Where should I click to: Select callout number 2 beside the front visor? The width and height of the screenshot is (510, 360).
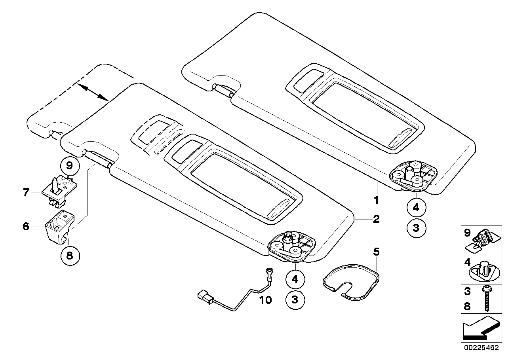coord(376,219)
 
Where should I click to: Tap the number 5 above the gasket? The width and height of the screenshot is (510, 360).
coord(376,251)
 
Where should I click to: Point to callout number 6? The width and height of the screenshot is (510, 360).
coord(26,227)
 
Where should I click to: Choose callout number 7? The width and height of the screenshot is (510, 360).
coord(26,193)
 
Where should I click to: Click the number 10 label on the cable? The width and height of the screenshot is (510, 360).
coord(265,300)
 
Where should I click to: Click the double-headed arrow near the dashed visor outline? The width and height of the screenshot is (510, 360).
coord(93,92)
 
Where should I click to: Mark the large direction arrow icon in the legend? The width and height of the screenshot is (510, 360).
coord(480,329)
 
